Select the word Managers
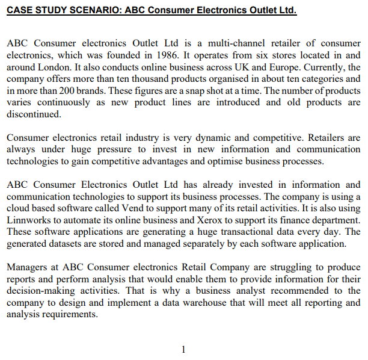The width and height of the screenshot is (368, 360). coord(28,267)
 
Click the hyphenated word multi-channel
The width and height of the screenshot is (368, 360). coord(235,43)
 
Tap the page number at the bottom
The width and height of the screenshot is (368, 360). coord(183,349)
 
